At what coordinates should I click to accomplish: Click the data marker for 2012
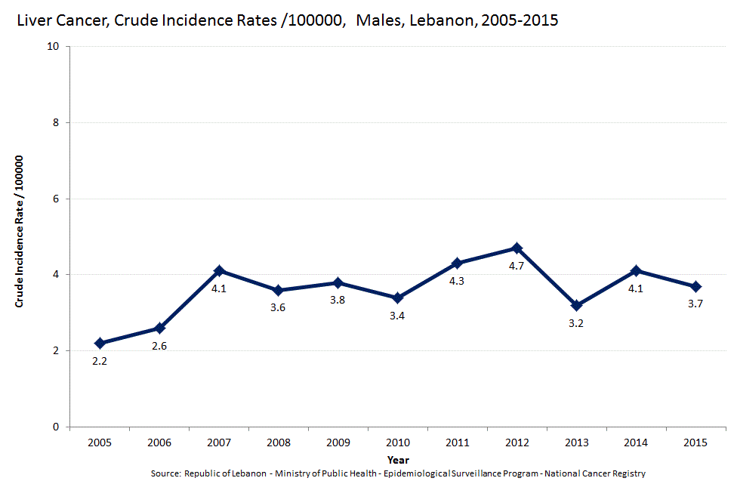pos(517,248)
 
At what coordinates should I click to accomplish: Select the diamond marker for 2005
pos(99,343)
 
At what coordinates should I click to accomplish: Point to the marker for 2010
pos(397,298)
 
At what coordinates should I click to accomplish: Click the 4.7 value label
pos(517,266)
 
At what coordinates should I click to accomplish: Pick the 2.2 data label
pos(99,361)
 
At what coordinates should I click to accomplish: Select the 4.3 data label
pos(457,281)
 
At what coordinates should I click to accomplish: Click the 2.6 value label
pos(159,346)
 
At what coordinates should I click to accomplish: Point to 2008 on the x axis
pos(278,442)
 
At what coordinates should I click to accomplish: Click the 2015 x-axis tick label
pos(695,442)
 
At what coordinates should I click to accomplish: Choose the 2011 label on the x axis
pos(457,442)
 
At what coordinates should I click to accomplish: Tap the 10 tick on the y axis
pos(54,46)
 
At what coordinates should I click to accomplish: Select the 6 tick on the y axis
pos(57,199)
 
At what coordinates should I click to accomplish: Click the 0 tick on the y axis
pos(57,427)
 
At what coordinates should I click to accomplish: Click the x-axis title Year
pos(398,459)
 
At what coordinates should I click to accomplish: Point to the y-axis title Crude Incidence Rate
pos(20,231)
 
